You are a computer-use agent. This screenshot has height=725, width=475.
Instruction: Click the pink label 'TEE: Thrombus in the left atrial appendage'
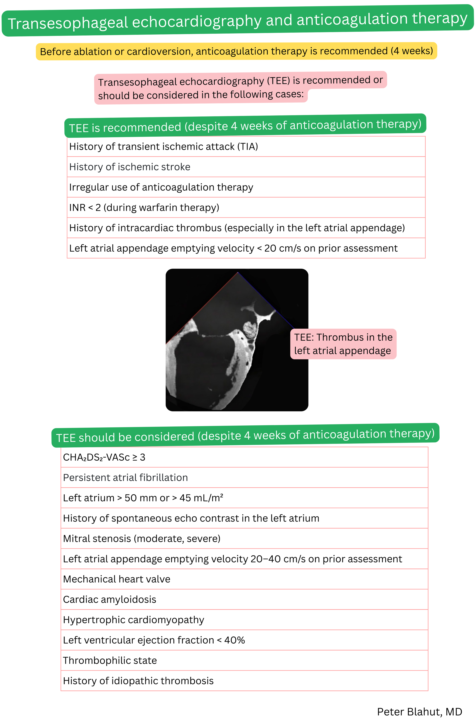coord(343,344)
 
